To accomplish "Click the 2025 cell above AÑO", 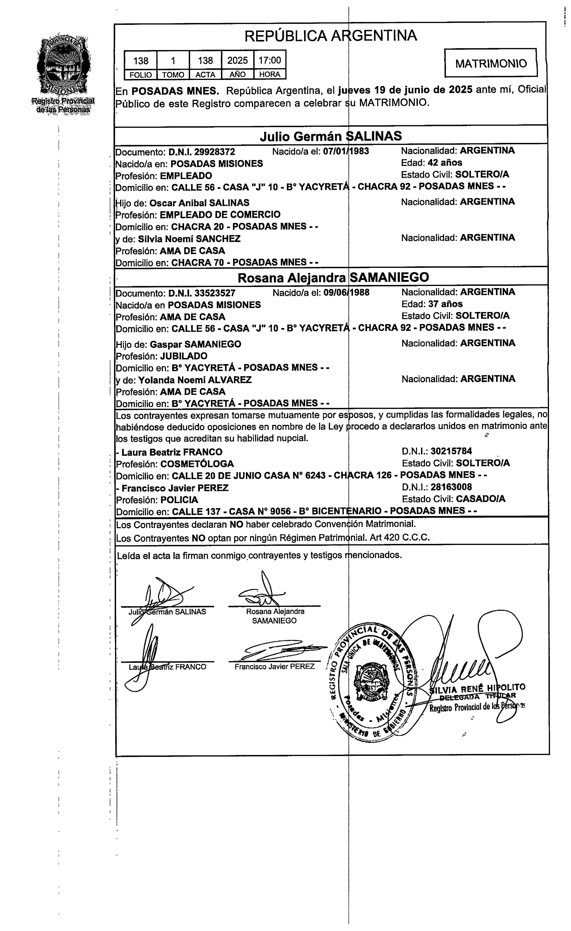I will (x=237, y=60).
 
